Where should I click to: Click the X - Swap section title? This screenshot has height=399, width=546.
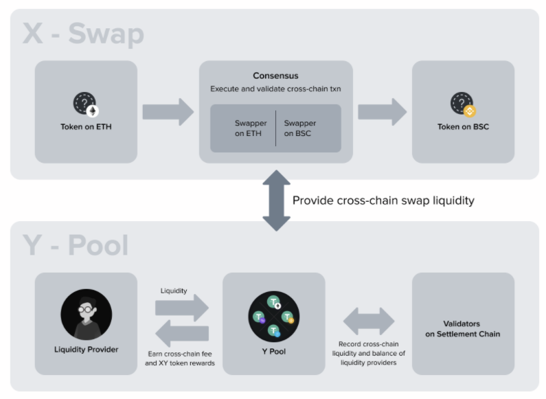(83, 33)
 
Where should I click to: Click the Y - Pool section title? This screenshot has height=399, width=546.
(76, 245)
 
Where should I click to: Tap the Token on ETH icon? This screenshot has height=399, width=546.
(86, 104)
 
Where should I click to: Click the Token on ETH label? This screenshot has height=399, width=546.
(86, 127)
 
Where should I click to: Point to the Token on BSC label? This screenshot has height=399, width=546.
(463, 127)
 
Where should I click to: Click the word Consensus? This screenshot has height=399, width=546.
(275, 76)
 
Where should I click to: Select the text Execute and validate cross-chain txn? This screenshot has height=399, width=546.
(275, 89)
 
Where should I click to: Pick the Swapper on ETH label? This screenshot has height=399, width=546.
(251, 128)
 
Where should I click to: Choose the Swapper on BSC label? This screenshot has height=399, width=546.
(300, 128)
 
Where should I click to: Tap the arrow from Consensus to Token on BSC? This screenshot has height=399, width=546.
(382, 111)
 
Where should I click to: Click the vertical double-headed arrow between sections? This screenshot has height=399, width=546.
(276, 201)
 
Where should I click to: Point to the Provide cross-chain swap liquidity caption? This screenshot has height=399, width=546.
(383, 201)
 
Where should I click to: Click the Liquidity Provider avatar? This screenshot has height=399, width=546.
(86, 315)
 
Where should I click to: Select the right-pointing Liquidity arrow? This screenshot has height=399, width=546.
(182, 308)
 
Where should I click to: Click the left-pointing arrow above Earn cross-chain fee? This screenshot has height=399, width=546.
(182, 334)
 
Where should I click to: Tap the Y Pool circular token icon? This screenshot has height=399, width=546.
(273, 317)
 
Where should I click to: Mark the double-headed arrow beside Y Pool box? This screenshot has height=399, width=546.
(369, 321)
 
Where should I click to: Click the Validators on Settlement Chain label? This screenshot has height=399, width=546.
(463, 328)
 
